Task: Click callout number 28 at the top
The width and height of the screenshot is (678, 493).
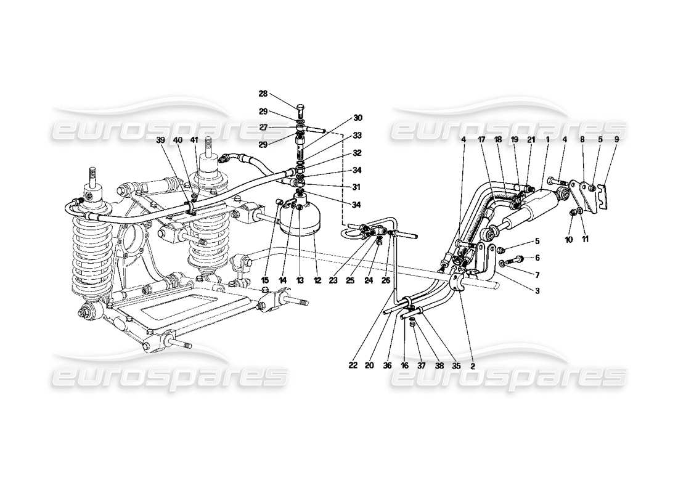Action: click(x=263, y=94)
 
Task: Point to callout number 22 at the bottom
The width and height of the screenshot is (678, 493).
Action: click(x=353, y=365)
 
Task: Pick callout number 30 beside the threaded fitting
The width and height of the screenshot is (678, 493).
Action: click(x=358, y=117)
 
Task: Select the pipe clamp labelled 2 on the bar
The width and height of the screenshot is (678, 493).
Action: click(x=460, y=283)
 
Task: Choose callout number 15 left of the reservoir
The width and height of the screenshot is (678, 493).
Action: click(x=266, y=280)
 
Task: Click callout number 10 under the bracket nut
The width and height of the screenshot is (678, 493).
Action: click(x=570, y=238)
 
